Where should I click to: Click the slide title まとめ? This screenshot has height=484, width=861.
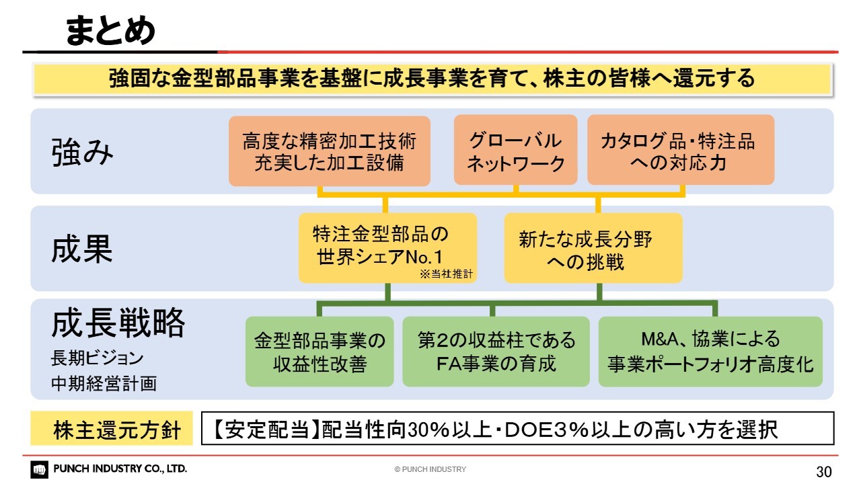[110, 30]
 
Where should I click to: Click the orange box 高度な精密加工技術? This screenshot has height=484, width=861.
[330, 151]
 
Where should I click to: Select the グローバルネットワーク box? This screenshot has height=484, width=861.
[515, 150]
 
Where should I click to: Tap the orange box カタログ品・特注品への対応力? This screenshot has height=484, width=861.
[681, 150]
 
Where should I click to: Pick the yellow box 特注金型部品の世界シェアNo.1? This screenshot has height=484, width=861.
[388, 248]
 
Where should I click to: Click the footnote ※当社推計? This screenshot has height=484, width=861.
[446, 274]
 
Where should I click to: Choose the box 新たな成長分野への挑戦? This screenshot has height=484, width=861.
[593, 248]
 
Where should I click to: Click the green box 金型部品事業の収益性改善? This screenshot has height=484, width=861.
[320, 352]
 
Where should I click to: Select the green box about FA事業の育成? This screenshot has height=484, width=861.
[496, 352]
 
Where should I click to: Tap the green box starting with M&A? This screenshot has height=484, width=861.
[710, 352]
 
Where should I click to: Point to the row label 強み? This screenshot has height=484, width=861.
[82, 153]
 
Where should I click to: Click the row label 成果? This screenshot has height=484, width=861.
[82, 249]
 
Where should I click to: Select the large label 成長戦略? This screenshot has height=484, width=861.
[118, 323]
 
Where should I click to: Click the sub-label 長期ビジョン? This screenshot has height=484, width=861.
[97, 358]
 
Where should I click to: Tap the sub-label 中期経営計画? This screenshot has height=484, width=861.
[104, 383]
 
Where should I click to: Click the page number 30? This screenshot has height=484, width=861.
[824, 471]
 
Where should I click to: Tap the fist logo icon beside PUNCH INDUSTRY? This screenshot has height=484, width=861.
[39, 469]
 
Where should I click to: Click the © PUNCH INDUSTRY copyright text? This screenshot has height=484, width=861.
[430, 469]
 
